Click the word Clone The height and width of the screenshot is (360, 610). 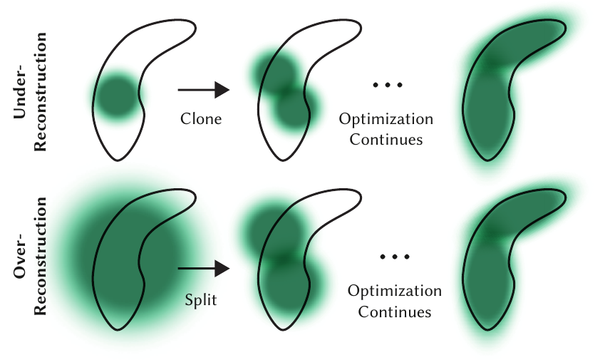(201, 119)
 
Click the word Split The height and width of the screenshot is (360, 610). (201, 300)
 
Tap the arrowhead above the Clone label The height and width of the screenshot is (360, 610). (222, 90)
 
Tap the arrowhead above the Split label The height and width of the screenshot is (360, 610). (222, 269)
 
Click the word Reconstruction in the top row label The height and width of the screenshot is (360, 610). (40, 92)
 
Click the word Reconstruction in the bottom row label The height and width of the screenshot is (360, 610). (40, 256)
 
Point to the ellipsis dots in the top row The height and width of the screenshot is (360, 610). (388, 85)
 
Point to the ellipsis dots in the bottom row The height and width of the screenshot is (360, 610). (395, 257)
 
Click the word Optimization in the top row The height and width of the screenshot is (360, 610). (386, 119)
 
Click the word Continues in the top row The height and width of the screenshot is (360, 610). (386, 140)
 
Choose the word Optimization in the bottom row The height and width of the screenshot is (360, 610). (395, 291)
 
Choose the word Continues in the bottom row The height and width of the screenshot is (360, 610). (395, 312)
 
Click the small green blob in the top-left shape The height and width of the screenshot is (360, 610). (117, 96)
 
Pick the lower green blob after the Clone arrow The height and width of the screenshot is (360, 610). (294, 108)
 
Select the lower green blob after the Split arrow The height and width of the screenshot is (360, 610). (290, 281)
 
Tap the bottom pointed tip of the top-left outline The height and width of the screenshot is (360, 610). (118, 160)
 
